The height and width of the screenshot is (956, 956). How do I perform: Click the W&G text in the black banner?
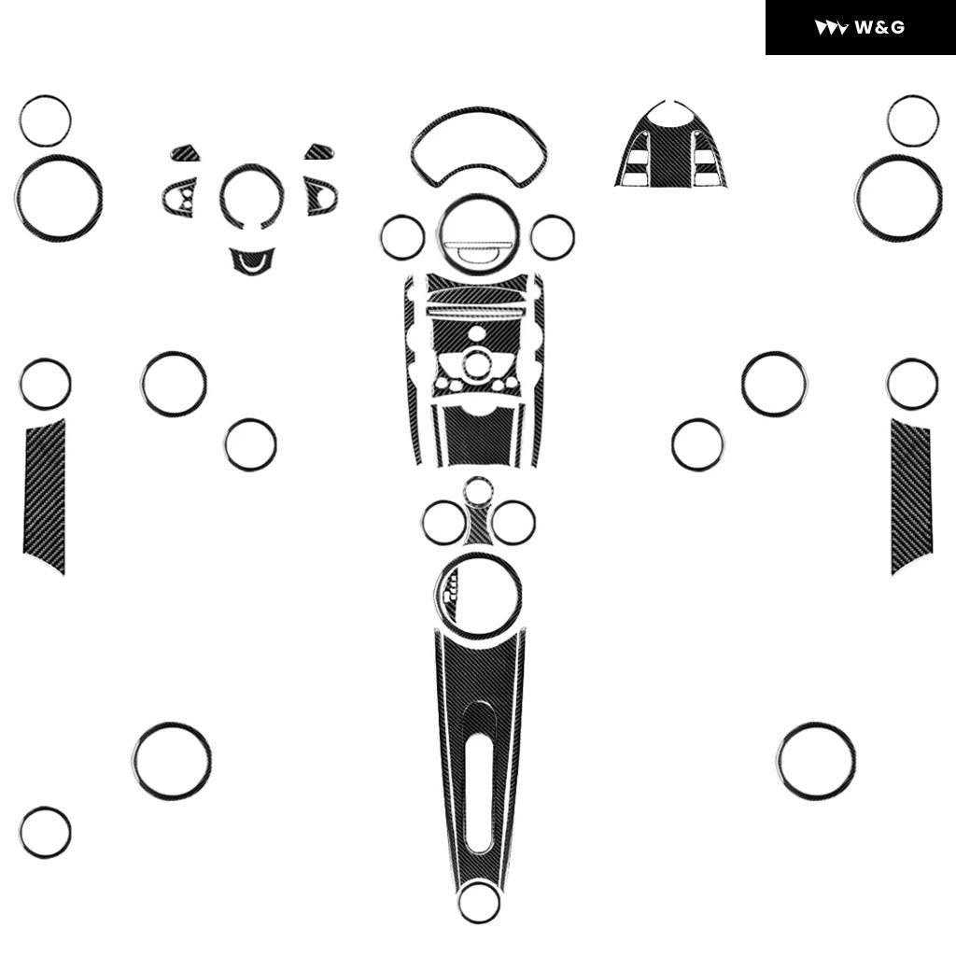pyautogui.click(x=879, y=27)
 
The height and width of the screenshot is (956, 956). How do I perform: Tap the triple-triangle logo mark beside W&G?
pyautogui.click(x=831, y=28)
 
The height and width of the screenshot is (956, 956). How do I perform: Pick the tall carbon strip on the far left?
pyautogui.click(x=45, y=494)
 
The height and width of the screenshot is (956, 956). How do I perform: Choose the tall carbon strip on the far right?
pyautogui.click(x=911, y=494)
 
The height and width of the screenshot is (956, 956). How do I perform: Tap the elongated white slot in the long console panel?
pyautogui.click(x=479, y=780)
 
